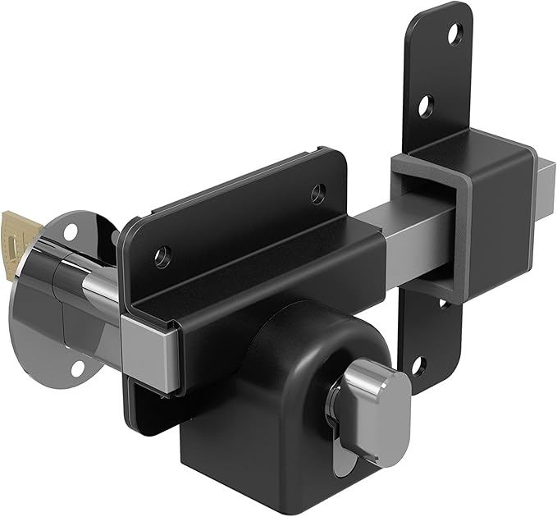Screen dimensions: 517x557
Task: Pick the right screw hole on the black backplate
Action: [317, 194]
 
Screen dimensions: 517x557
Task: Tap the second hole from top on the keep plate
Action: [425, 105]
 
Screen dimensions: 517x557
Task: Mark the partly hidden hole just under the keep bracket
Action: [442, 303]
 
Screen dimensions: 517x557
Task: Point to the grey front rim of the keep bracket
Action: [410, 222]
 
